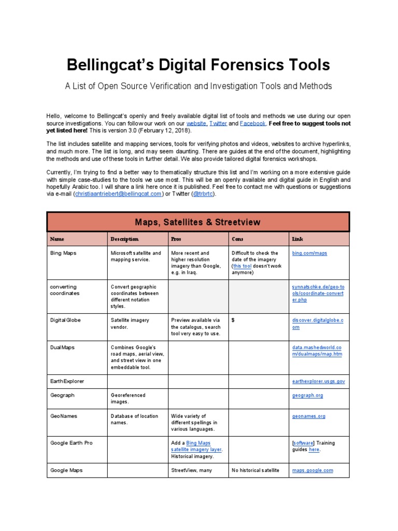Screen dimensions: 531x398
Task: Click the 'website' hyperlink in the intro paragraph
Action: [x=196, y=124]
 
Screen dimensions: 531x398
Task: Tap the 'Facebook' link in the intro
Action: [x=253, y=124]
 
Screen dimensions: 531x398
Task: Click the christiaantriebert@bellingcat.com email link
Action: [x=119, y=194]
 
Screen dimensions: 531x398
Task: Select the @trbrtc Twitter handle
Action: [x=203, y=194]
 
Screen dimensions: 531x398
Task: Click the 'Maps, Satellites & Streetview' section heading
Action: [x=198, y=222]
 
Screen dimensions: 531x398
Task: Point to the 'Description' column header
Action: [x=124, y=239]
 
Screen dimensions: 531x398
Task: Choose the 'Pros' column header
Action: [x=176, y=239]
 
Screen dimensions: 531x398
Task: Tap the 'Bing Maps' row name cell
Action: [x=63, y=253]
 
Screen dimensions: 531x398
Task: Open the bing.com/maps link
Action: [x=310, y=253]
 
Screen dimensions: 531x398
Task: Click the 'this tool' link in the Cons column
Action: [x=243, y=266]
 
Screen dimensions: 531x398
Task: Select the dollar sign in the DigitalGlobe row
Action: [x=233, y=320]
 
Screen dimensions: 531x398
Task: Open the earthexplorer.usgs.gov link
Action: [x=318, y=381]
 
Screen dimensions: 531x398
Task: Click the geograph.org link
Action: [x=308, y=395]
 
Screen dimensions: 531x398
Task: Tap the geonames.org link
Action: [x=309, y=416]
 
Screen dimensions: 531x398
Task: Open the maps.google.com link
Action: [x=312, y=470]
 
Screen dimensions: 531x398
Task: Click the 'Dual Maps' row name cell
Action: [x=63, y=347]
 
